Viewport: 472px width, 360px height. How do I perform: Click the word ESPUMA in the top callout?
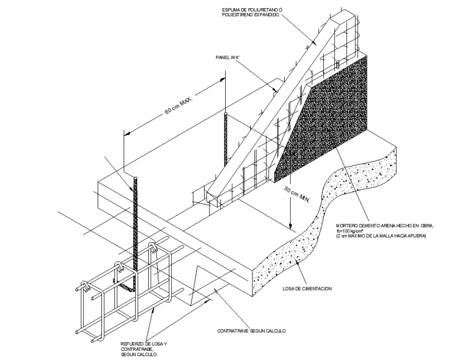click(232, 9)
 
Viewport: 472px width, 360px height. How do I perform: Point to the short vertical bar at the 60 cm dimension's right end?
click(225, 138)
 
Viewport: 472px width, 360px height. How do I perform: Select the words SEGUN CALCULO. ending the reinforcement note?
click(139, 355)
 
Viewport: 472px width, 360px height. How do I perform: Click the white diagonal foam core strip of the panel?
click(271, 108)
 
